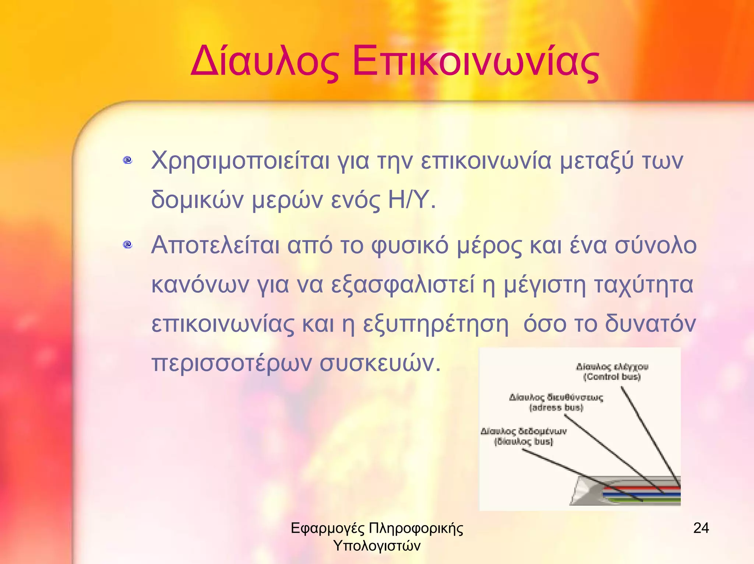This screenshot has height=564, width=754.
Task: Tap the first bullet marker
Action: tap(128, 160)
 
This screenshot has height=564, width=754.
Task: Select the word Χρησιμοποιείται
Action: tap(240, 161)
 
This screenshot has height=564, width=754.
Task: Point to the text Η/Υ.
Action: tap(412, 200)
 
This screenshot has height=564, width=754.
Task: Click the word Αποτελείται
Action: tap(215, 245)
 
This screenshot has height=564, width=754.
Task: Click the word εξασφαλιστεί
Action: tap(403, 285)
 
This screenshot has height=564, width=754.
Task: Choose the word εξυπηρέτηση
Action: tap(436, 324)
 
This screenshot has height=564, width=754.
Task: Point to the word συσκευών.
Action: tap(379, 363)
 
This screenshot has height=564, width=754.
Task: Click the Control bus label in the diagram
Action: tap(612, 376)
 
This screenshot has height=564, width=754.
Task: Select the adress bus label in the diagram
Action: tap(556, 407)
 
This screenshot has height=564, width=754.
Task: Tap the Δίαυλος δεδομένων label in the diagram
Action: tap(524, 431)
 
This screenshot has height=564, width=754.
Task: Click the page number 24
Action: tap(701, 528)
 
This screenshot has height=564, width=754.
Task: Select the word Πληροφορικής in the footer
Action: tap(416, 529)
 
